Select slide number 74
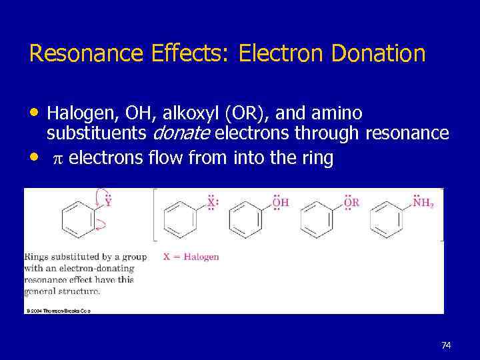[x=446, y=345]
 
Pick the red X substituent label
[x=211, y=202]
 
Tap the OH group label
[x=280, y=202]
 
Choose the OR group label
[x=351, y=202]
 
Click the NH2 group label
[x=423, y=202]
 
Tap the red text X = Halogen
[x=191, y=256]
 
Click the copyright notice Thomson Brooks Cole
[x=58, y=310]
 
